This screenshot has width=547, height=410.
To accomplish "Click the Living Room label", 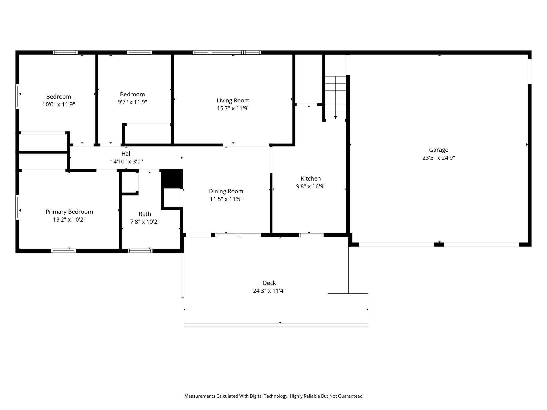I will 233,100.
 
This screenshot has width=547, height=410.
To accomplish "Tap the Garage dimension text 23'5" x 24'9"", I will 438,158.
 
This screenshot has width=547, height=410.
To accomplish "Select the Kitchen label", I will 311,178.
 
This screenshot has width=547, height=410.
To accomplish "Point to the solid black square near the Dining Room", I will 172,179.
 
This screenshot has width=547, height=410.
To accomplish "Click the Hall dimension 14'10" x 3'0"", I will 126,162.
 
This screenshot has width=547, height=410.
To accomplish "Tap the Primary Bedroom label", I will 69,212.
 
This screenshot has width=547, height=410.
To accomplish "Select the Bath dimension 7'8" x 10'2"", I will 145,222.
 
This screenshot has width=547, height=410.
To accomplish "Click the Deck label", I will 269,283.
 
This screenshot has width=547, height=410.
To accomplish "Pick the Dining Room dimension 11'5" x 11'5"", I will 226,199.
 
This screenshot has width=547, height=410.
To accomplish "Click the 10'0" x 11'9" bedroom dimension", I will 59,104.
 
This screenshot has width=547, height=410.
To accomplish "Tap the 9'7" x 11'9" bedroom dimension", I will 132,102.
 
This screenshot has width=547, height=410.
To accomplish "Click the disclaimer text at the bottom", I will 273,396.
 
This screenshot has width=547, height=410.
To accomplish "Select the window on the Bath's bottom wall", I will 140,251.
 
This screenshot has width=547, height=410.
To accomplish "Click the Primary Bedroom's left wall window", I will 17,207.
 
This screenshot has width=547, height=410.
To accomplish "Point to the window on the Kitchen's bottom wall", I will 311,235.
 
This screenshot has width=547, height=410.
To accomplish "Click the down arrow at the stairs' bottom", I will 335,117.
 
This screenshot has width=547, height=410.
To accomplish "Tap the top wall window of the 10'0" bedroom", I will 65,53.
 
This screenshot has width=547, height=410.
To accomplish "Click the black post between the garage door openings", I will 439,244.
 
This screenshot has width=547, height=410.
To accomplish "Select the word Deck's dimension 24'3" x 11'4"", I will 269,291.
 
